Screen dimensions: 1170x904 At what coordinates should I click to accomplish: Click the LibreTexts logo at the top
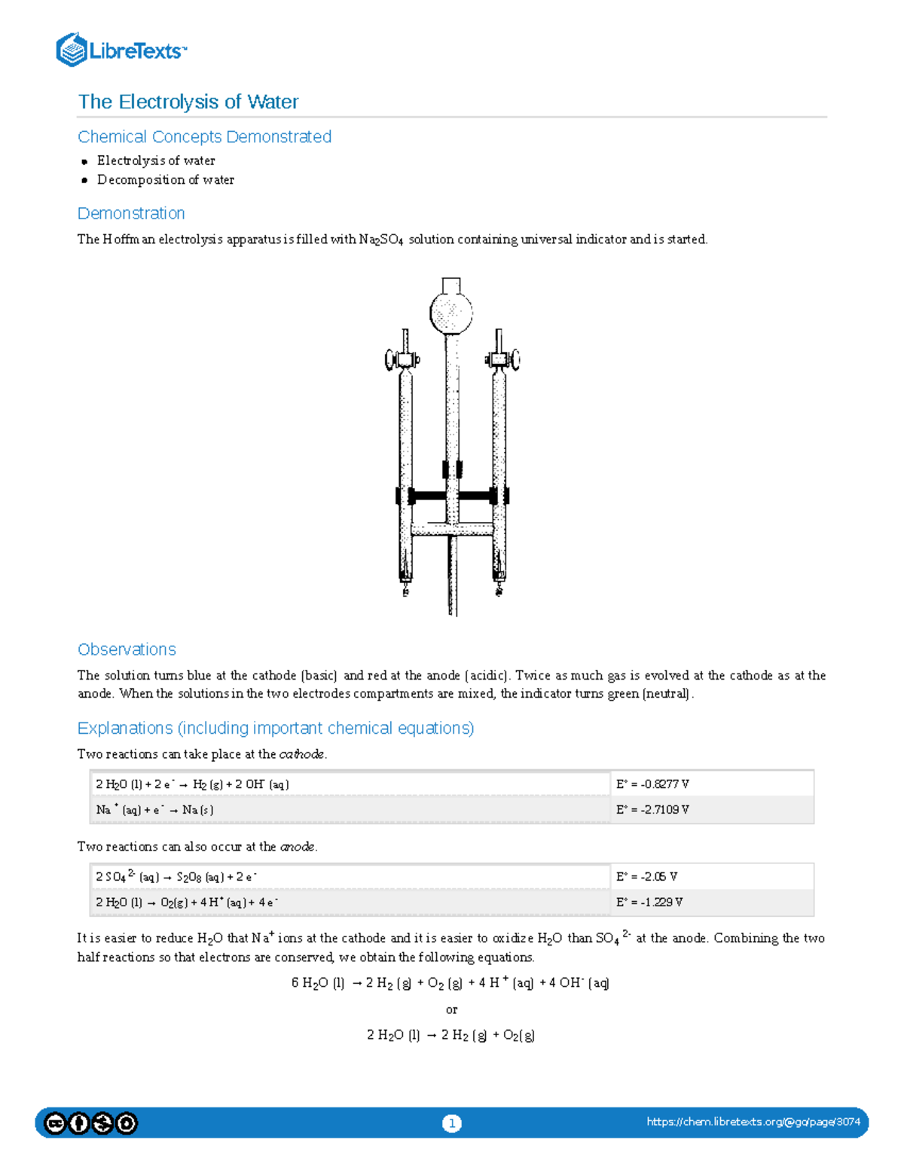tap(121, 50)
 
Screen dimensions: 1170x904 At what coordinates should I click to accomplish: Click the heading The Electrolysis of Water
tap(188, 102)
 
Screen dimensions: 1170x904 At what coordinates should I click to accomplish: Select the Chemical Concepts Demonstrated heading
tap(204, 136)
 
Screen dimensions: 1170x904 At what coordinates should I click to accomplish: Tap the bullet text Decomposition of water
tap(165, 180)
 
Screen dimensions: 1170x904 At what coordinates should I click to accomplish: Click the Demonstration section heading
tap(131, 213)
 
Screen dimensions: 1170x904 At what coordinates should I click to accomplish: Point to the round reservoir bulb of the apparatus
tap(451, 311)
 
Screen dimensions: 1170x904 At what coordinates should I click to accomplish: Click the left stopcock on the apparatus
tap(401, 359)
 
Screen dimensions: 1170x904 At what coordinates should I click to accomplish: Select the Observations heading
tap(127, 649)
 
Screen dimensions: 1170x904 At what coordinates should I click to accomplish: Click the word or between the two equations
tap(451, 1010)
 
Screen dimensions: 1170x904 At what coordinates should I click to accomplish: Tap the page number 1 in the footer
tap(451, 1123)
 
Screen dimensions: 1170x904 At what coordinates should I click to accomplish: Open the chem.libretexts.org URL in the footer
tap(753, 1122)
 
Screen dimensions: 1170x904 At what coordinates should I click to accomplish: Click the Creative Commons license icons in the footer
tap(91, 1123)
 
